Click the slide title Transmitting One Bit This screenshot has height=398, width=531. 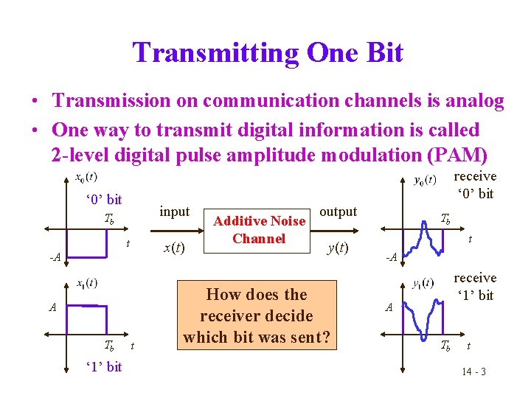point(268,53)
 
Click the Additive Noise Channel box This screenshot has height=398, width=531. point(258,229)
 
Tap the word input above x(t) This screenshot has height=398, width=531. point(175,212)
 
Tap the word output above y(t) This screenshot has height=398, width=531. point(339,212)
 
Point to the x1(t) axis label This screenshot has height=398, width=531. point(87,282)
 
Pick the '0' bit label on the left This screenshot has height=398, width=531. point(103,200)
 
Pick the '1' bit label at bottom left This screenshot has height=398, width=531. point(103,366)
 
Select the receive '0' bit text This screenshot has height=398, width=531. point(474,185)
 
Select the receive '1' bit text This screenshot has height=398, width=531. point(474,287)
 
